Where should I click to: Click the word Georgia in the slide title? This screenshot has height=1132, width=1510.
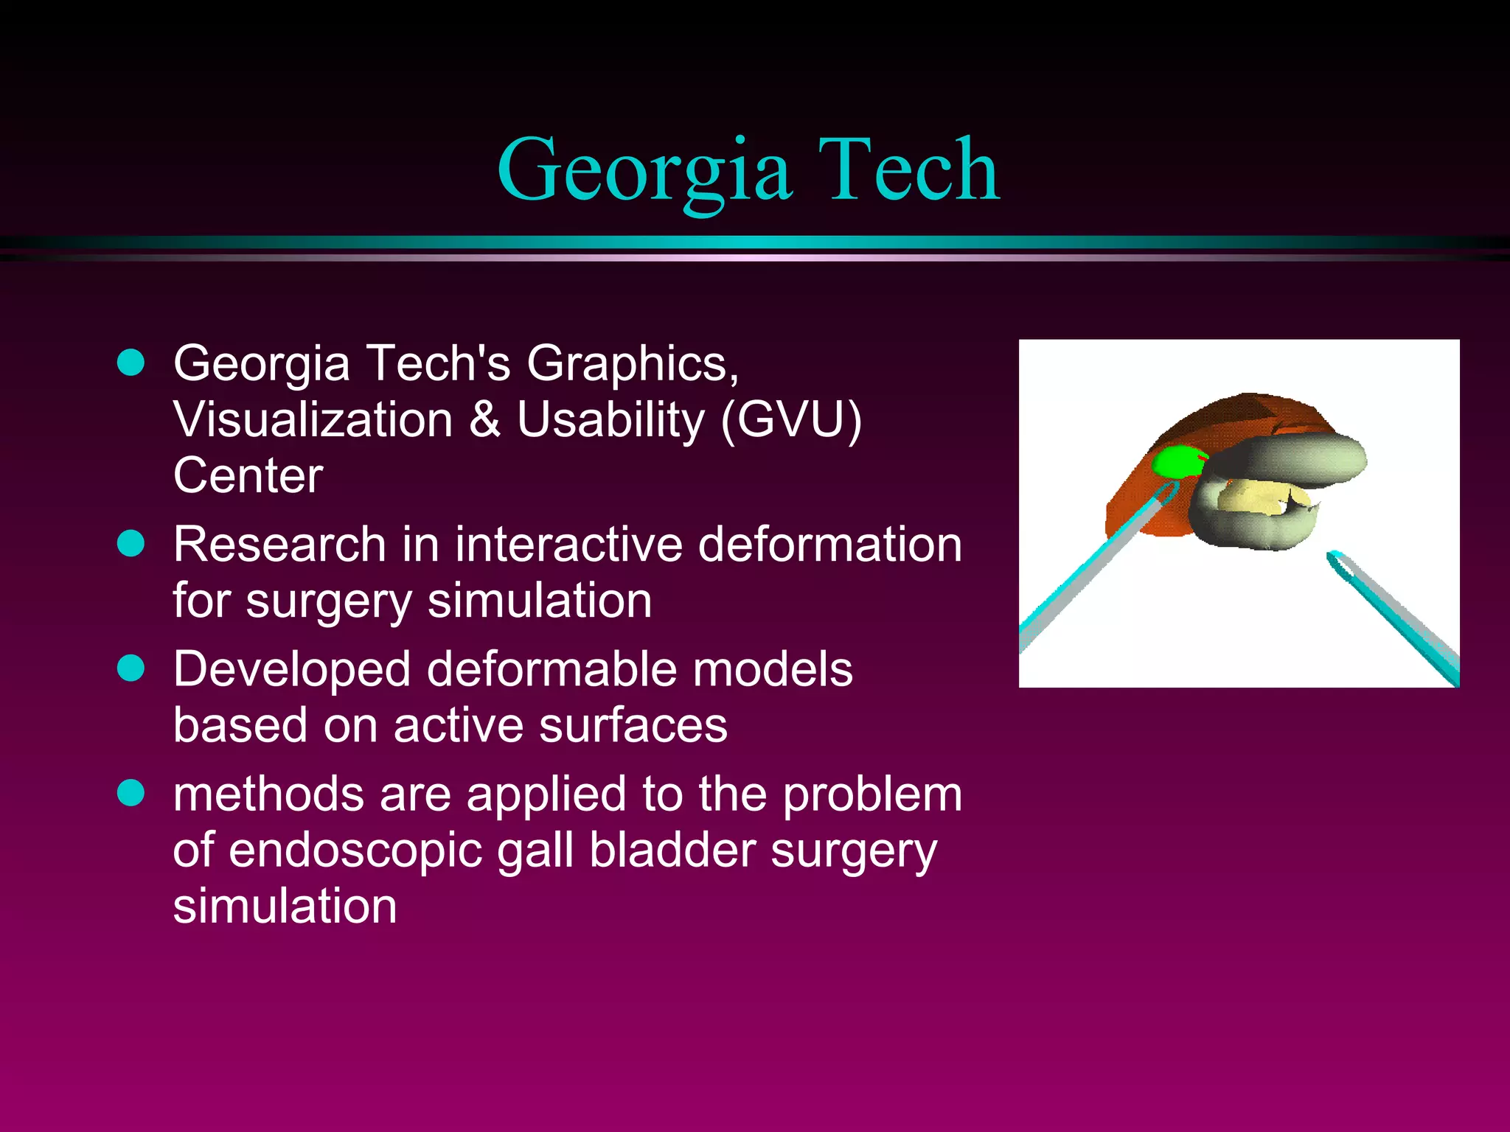(x=645, y=171)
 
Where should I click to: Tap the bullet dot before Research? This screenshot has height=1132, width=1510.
(x=131, y=544)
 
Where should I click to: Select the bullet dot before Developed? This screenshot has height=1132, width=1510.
(x=131, y=668)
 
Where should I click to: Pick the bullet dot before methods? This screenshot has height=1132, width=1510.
(x=131, y=793)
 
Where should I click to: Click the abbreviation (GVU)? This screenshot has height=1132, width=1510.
(x=790, y=420)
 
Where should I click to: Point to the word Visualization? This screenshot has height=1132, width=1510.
(x=313, y=420)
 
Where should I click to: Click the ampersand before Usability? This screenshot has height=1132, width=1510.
(x=484, y=420)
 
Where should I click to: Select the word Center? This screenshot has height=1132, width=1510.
(x=248, y=475)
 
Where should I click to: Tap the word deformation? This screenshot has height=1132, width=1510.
(x=829, y=545)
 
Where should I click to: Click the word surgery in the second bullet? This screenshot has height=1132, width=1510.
(x=328, y=601)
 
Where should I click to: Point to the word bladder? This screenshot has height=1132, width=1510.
(x=672, y=850)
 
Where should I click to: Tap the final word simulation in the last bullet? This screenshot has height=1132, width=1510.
(x=285, y=906)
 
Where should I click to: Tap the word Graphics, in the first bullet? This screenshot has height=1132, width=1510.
(x=633, y=364)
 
